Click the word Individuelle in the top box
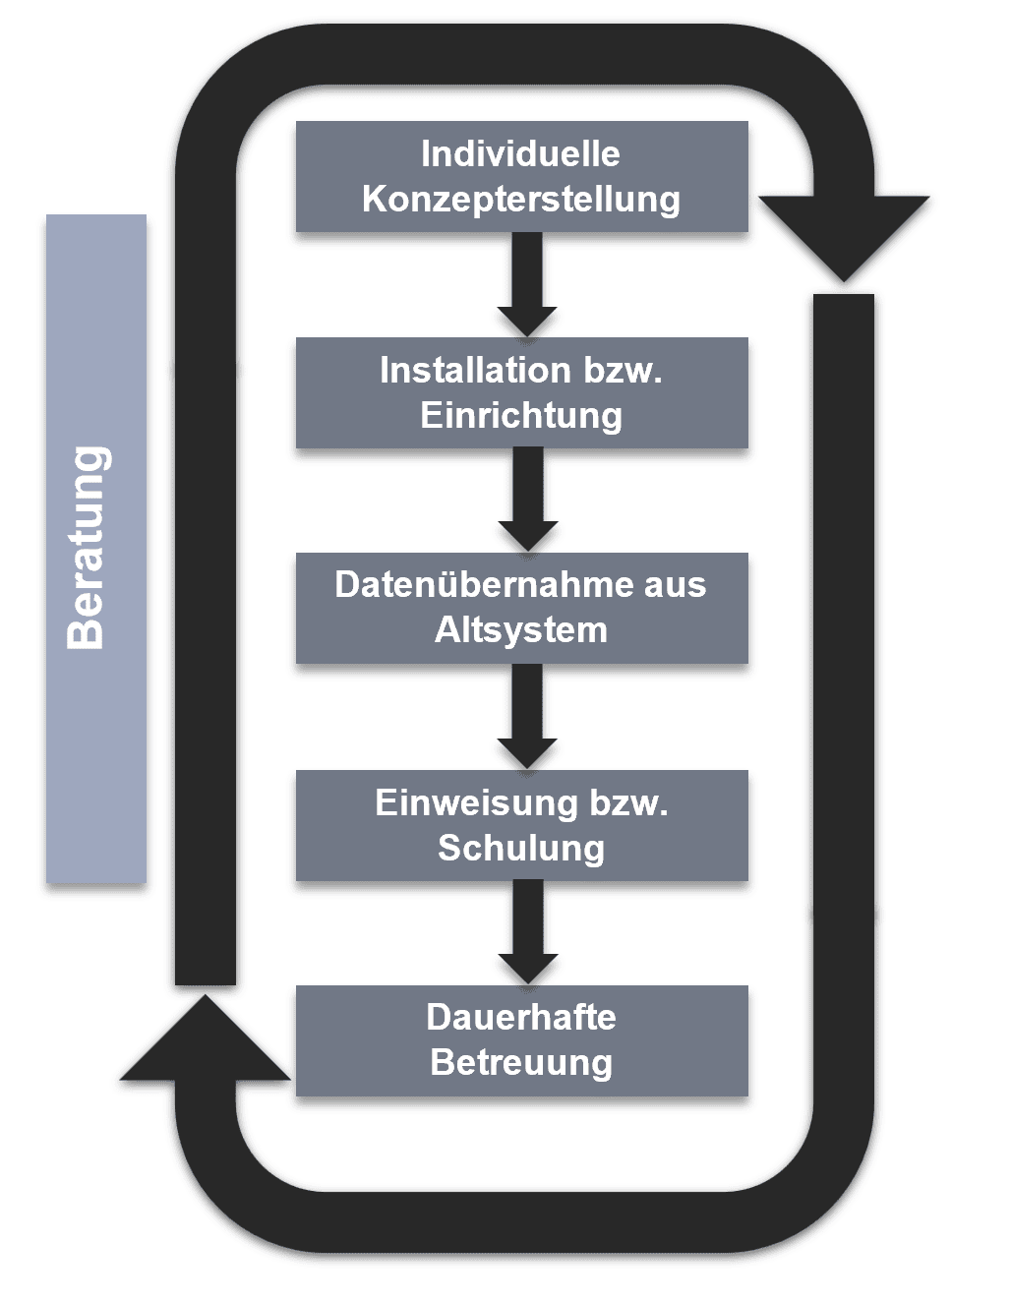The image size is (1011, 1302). pyautogui.click(x=520, y=154)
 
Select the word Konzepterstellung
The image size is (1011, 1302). pyautogui.click(x=520, y=200)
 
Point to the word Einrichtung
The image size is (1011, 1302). pyautogui.click(x=521, y=416)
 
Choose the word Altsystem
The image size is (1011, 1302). pyautogui.click(x=521, y=630)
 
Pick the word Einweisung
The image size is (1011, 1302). pyautogui.click(x=476, y=803)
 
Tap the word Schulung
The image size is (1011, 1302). pyautogui.click(x=521, y=849)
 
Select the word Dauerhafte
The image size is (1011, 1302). pyautogui.click(x=521, y=1018)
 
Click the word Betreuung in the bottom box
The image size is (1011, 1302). pyautogui.click(x=521, y=1063)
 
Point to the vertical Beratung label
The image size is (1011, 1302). pyautogui.click(x=88, y=548)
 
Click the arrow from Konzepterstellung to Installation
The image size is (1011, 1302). pyautogui.click(x=527, y=284)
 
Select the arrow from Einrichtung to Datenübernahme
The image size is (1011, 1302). pyautogui.click(x=528, y=500)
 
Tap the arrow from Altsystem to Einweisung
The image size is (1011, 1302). pyautogui.click(x=528, y=716)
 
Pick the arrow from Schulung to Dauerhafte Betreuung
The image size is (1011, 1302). pyautogui.click(x=528, y=931)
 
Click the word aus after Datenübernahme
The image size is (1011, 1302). pyautogui.click(x=675, y=585)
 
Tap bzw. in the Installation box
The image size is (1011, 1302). pyautogui.click(x=623, y=371)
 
